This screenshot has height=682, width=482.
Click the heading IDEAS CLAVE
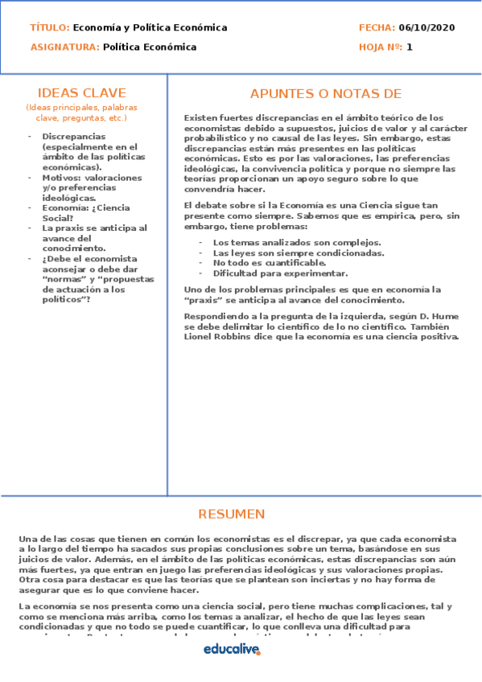pos(82,92)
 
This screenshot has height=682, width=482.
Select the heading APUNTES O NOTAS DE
pos(325,93)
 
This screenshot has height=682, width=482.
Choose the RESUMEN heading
pos(231,514)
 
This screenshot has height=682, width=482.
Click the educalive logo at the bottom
pos(232,648)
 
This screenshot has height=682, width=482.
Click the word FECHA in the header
pos(376,27)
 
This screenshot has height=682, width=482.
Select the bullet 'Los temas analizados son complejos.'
pos(297,242)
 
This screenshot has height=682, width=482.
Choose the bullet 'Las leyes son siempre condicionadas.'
pos(298,253)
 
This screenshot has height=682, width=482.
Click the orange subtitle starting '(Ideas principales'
pos(81,112)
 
